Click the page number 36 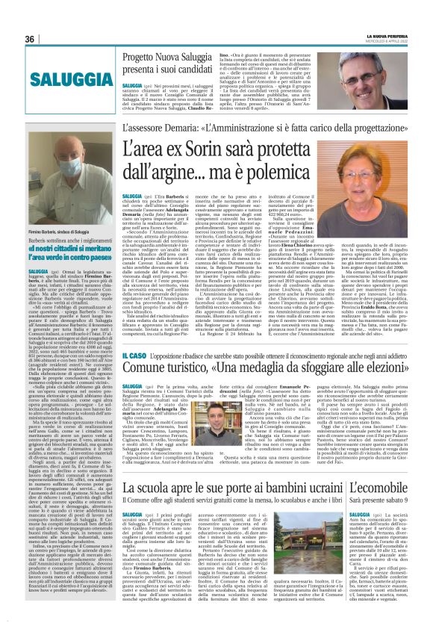[30, 39]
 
